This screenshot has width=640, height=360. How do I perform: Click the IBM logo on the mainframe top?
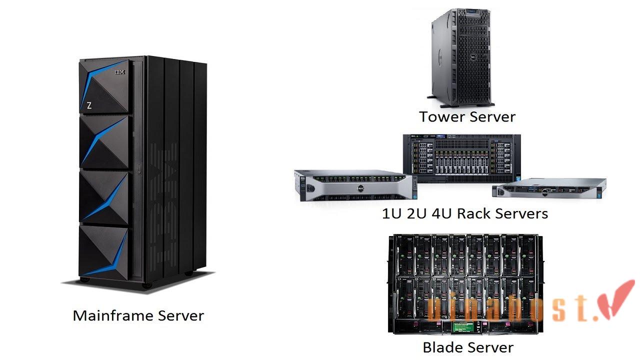click(120, 72)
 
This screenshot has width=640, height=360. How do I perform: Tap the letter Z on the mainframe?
click(89, 105)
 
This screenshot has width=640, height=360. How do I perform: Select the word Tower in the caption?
click(439, 117)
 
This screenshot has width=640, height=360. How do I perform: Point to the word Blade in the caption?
click(442, 347)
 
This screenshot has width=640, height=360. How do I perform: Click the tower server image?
click(461, 57)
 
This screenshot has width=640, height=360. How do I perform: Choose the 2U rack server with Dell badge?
click(353, 185)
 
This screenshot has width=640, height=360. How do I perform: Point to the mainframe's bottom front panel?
click(104, 251)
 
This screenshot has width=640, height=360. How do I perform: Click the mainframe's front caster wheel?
click(147, 285)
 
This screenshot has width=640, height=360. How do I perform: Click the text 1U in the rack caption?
click(390, 214)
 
